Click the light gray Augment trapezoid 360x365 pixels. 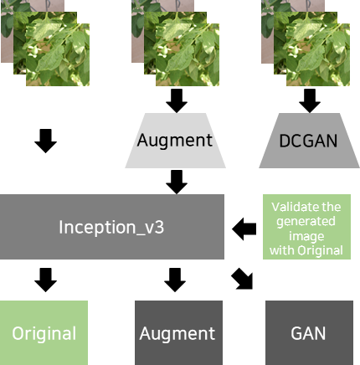[175, 141]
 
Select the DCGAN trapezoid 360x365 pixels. [309, 141]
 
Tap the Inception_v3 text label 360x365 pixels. [111, 227]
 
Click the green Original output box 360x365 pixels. [44, 332]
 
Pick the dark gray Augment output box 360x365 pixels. [178, 332]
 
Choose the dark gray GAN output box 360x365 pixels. [309, 332]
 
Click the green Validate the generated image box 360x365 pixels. [306, 227]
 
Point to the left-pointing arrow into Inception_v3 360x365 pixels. [244, 229]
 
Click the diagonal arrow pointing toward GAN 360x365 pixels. [242, 279]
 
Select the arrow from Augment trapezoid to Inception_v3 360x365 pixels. [177, 182]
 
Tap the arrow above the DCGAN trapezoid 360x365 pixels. [310, 101]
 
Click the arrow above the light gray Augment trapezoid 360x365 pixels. [177, 101]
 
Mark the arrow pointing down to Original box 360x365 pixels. [46, 280]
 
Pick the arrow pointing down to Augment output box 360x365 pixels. [175, 280]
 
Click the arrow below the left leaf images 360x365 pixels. [46, 141]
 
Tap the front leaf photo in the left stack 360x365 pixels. [58, 54]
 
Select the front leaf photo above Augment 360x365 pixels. [188, 54]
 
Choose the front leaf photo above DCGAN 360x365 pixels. [318, 54]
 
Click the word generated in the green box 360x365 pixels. [306, 222]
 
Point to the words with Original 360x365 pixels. [306, 250]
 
